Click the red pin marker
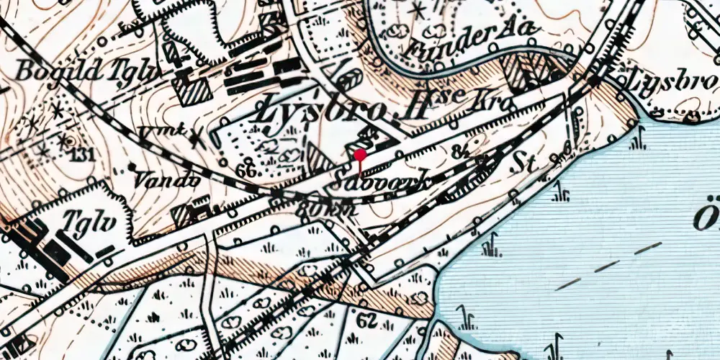click(x=360, y=154)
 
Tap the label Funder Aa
click(x=472, y=39)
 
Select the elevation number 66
click(x=246, y=171)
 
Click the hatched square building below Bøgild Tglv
click(x=191, y=92)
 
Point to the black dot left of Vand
click(x=133, y=167)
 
